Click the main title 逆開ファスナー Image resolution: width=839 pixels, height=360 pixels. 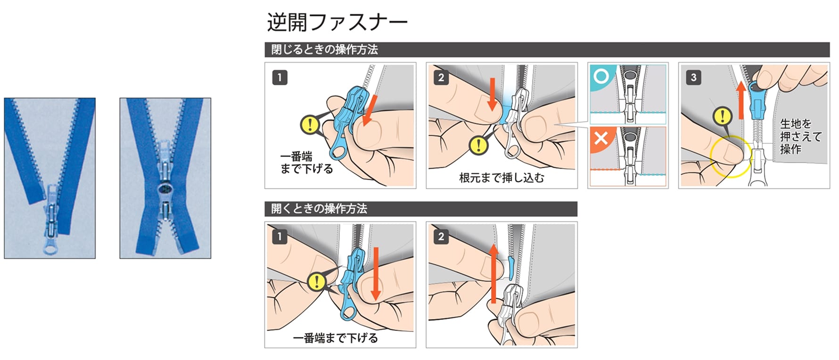tap(337, 22)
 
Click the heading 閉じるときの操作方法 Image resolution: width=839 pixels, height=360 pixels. tap(325, 49)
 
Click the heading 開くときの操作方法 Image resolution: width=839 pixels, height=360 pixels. tap(319, 209)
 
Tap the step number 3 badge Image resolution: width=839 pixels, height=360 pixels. tap(693, 77)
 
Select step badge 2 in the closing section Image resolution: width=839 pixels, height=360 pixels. tap(441, 77)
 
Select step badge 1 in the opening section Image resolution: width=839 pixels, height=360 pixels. tap(280, 237)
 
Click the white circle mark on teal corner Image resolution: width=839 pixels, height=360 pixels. tap(600, 75)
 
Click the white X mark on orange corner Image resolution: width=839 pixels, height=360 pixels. tap(600, 139)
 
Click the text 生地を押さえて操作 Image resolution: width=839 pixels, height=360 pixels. tap(800, 136)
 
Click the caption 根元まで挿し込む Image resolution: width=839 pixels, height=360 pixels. tap(502, 178)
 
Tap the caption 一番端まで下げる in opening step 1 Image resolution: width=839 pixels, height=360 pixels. tap(335, 338)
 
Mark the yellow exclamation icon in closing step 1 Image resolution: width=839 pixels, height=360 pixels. tap(310, 124)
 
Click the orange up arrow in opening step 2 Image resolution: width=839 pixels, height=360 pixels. tap(493, 273)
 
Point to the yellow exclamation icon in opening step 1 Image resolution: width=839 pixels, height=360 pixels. tap(317, 282)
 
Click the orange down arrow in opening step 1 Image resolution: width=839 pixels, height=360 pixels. tap(375, 273)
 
